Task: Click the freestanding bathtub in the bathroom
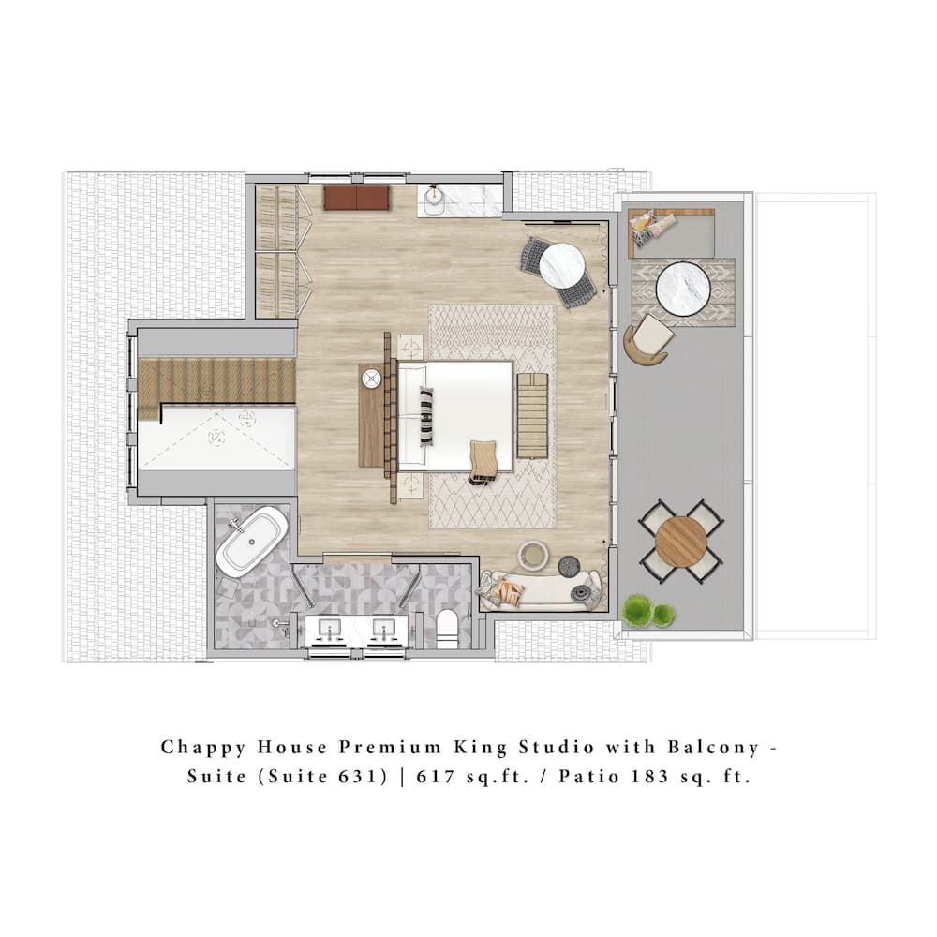252,542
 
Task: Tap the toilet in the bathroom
447,628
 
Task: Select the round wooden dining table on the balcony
681,542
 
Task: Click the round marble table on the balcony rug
683,289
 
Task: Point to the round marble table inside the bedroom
562,266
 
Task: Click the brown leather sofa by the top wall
356,197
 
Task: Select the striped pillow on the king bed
426,415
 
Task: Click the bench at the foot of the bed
532,415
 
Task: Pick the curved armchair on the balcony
647,339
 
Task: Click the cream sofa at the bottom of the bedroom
542,591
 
